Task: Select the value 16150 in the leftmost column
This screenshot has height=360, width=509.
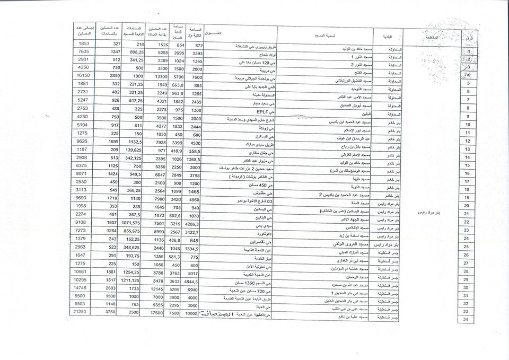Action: pos(83,76)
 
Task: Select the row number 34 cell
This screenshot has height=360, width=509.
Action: pos(466,320)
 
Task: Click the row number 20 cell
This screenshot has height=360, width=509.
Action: pos(467,205)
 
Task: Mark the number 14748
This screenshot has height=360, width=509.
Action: pos(83,287)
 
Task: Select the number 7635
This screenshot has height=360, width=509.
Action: pos(83,51)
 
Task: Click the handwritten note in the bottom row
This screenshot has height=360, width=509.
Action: pos(216,314)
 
